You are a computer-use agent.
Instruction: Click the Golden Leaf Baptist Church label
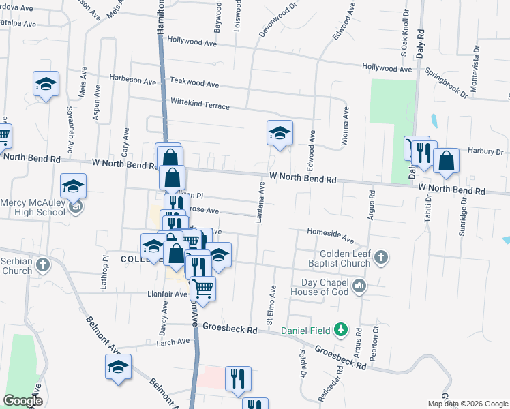coord(337,258)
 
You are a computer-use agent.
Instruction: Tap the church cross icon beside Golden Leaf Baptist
coord(382,258)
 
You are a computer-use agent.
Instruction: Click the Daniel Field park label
coord(307,331)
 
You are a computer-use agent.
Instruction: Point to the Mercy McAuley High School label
coord(33,207)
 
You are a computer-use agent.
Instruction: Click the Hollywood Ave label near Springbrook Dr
coord(387,68)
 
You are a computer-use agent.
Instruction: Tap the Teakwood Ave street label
coord(194,84)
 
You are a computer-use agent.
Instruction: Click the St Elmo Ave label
coord(272,303)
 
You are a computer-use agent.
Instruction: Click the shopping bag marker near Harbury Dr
coord(446,161)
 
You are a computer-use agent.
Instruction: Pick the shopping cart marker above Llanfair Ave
coord(202,288)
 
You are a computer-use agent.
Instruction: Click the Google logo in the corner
coord(22,401)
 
